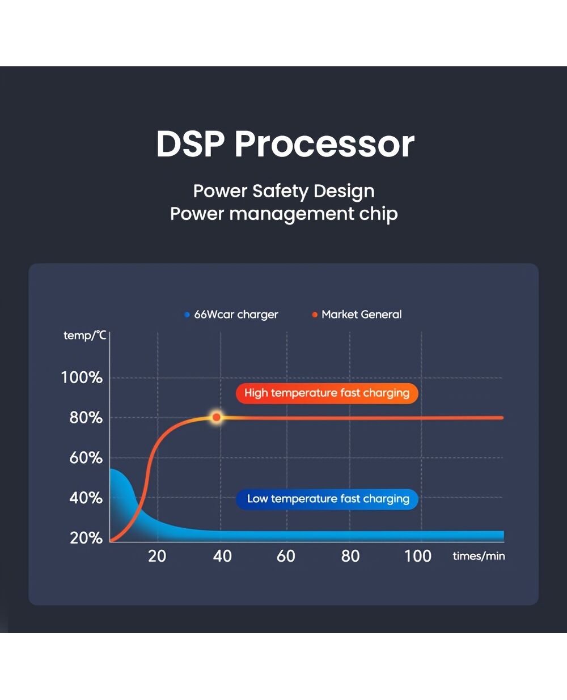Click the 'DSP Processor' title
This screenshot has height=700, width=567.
pyautogui.click(x=285, y=144)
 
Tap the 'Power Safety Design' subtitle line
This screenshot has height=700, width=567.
pyautogui.click(x=284, y=191)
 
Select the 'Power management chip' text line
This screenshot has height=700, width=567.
pyautogui.click(x=284, y=214)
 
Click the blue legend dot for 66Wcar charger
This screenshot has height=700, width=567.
pyautogui.click(x=187, y=315)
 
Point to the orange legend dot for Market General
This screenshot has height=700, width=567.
pyautogui.click(x=315, y=315)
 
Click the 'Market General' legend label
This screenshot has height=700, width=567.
pyautogui.click(x=362, y=315)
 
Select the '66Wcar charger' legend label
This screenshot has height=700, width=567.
pyautogui.click(x=236, y=315)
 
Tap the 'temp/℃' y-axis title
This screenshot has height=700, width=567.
pyautogui.click(x=85, y=336)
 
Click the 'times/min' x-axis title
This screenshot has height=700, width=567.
pyautogui.click(x=479, y=555)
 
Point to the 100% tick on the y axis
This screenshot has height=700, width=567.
pyautogui.click(x=82, y=377)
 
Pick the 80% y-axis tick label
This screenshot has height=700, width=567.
pyautogui.click(x=86, y=418)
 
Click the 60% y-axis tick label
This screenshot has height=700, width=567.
pyautogui.click(x=86, y=458)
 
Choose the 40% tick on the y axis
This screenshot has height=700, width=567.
pyautogui.click(x=86, y=498)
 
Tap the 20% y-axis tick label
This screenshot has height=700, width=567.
pyautogui.click(x=86, y=538)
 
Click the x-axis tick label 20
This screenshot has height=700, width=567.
pyautogui.click(x=157, y=556)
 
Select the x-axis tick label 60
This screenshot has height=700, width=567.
pyautogui.click(x=286, y=556)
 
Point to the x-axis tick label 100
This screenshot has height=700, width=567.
pyautogui.click(x=418, y=556)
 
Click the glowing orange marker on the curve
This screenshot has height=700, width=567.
pyautogui.click(x=216, y=417)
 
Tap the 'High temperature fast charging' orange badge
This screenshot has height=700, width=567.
pyautogui.click(x=327, y=393)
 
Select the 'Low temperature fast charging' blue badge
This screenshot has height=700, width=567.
pyautogui.click(x=327, y=499)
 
